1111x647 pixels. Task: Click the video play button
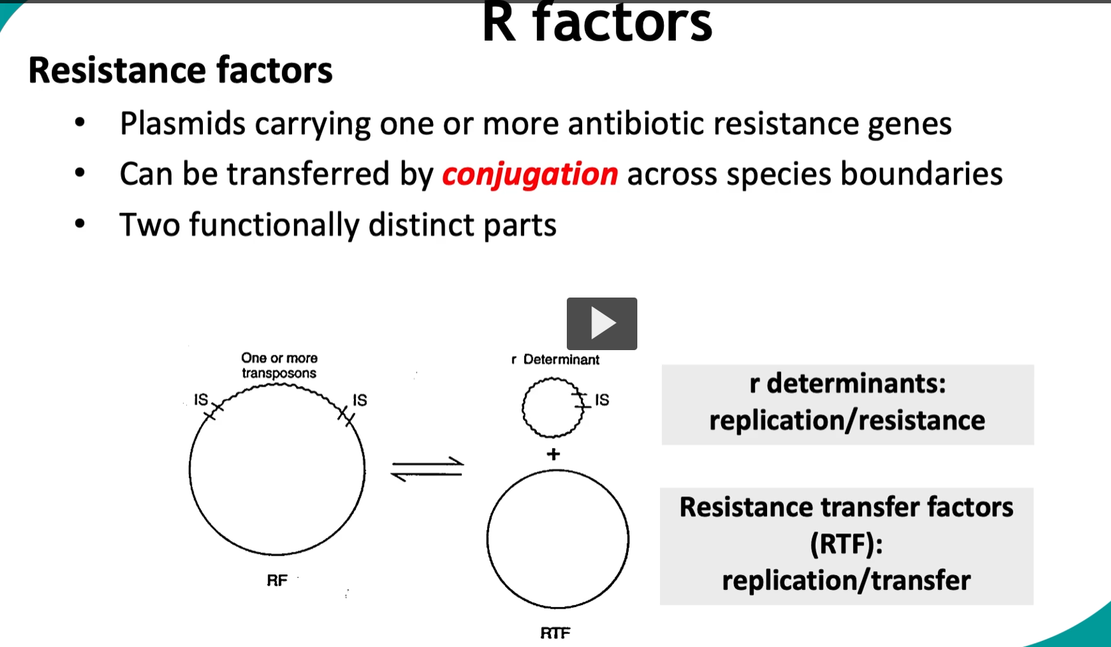tap(601, 323)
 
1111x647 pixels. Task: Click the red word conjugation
tap(530, 174)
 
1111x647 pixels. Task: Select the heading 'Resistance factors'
tap(180, 71)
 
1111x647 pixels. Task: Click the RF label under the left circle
tap(277, 580)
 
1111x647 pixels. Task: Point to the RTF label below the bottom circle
tap(555, 633)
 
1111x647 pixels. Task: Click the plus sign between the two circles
tap(553, 454)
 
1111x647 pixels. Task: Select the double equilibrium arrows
tap(427, 469)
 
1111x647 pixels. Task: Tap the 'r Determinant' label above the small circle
tap(555, 359)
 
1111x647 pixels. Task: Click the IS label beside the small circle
tap(601, 399)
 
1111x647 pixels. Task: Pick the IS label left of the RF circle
tap(200, 399)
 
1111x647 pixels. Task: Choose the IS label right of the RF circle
tap(359, 400)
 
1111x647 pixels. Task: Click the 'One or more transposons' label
tap(279, 365)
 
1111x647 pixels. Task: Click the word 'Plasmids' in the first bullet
tap(182, 124)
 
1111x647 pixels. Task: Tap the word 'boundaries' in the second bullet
tap(921, 174)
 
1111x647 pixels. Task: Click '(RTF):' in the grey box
tap(846, 544)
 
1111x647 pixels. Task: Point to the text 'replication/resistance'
tap(847, 421)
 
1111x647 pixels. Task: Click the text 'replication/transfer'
tap(846, 580)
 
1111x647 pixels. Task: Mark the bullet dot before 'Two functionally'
tap(80, 224)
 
